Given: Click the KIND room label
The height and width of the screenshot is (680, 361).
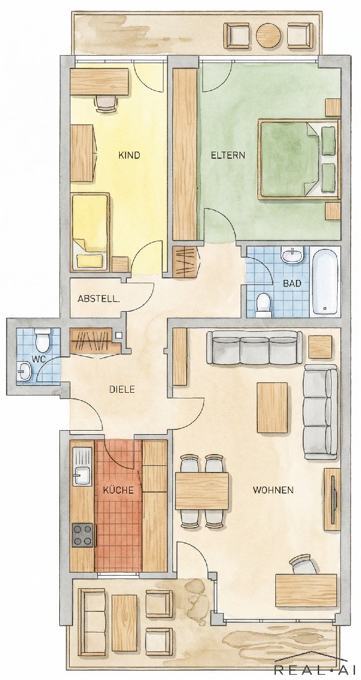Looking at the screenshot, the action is [x=129, y=156].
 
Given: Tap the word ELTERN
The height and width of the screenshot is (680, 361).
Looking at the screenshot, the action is [x=228, y=156].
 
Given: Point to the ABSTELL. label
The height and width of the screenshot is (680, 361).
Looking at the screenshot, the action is [x=99, y=299].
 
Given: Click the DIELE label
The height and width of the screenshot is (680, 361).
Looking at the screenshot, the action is [x=122, y=390].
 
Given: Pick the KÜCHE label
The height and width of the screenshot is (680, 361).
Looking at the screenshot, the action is [x=118, y=490].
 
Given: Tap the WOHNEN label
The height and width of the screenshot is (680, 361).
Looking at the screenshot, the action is [x=273, y=491].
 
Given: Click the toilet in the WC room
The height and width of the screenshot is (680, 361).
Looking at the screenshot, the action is [x=43, y=340].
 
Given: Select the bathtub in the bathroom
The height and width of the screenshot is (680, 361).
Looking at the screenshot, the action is [x=325, y=280].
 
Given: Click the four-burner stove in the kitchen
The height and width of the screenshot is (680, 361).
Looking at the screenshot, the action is [x=82, y=535].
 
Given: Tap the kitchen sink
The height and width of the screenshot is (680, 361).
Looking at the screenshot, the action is [x=82, y=466].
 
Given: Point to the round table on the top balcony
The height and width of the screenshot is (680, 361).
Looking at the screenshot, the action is [x=269, y=35].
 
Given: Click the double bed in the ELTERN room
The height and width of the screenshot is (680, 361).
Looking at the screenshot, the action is [x=299, y=159].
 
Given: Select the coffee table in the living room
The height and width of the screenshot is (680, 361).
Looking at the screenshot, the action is [x=273, y=407].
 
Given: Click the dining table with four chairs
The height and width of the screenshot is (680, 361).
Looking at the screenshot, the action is [x=201, y=491].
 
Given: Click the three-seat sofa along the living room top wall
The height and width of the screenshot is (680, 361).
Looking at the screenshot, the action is [x=254, y=348].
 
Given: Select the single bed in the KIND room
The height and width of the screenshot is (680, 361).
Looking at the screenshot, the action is [x=90, y=231].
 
